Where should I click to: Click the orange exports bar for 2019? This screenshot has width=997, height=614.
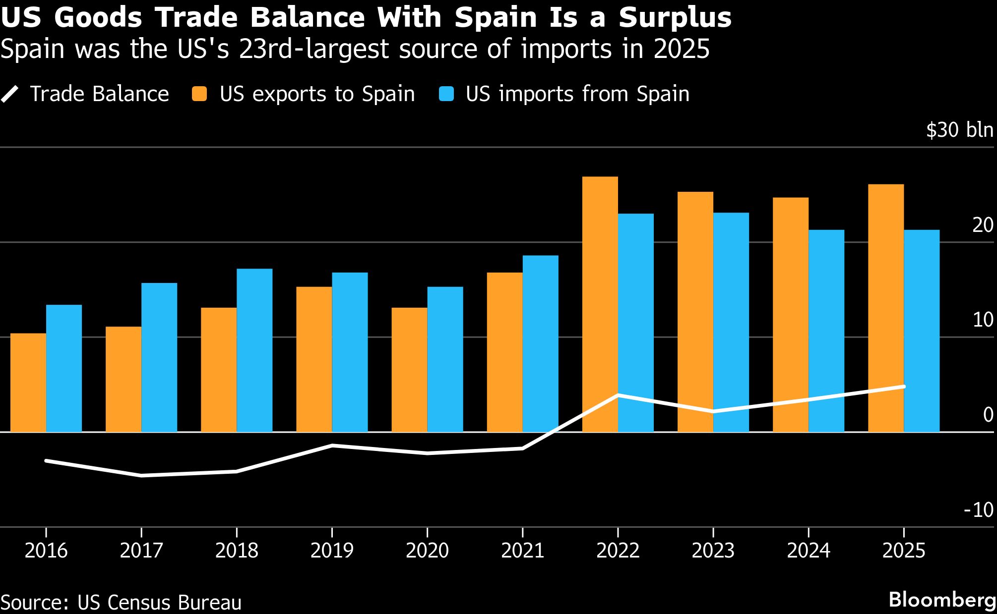[x=314, y=359]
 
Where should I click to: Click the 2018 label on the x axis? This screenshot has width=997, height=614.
[x=237, y=551]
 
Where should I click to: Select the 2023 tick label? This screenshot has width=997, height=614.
[x=713, y=551]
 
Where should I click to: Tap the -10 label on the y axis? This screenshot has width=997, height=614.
[x=978, y=510]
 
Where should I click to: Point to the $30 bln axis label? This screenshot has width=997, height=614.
[x=959, y=130]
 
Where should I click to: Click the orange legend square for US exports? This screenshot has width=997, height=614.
[x=199, y=94]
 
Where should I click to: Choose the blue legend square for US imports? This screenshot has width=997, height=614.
[x=446, y=94]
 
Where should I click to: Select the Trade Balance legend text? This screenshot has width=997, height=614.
[x=99, y=94]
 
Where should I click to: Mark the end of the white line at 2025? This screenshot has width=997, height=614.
[x=904, y=387]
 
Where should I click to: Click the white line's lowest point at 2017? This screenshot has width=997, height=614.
[x=141, y=475]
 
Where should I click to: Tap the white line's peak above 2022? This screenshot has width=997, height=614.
[x=618, y=395]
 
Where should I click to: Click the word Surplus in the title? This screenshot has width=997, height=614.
[x=675, y=18]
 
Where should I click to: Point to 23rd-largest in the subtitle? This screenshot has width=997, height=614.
[x=314, y=49]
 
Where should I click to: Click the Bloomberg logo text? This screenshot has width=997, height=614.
[x=942, y=600]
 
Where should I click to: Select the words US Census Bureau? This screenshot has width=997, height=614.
[x=159, y=603]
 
